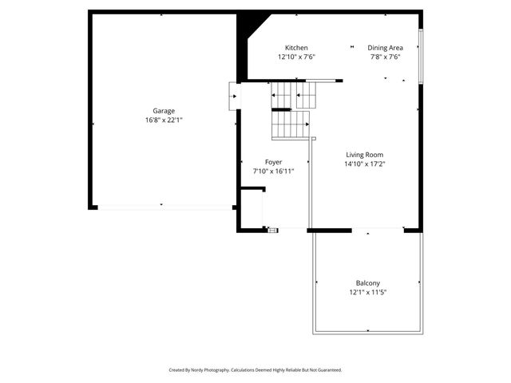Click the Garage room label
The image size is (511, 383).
(164, 111)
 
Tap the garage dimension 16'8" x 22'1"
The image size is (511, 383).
(164, 120)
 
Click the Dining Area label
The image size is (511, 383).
(385, 48)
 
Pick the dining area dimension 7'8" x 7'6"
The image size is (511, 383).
(385, 57)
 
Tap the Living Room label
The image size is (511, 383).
(365, 155)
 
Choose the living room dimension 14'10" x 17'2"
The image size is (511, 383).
(365, 164)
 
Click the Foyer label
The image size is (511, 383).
(273, 162)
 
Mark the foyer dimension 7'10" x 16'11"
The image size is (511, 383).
(273, 172)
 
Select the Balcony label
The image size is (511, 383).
(367, 283)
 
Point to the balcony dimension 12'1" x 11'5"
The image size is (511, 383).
(367, 293)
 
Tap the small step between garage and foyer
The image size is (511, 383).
(234, 97)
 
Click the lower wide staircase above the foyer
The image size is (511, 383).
(290, 124)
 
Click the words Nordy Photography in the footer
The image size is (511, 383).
(211, 370)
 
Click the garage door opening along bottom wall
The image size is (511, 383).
(164, 207)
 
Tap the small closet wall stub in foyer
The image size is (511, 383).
(253, 189)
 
